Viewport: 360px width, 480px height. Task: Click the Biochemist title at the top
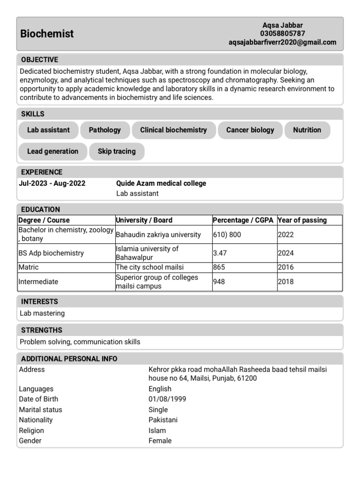pyautogui.click(x=47, y=34)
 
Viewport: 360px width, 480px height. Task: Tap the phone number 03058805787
pyautogui.click(x=283, y=34)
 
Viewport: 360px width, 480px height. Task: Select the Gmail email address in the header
pyautogui.click(x=282, y=42)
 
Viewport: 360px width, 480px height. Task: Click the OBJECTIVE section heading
pyautogui.click(x=39, y=60)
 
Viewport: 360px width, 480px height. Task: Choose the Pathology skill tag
pyautogui.click(x=105, y=130)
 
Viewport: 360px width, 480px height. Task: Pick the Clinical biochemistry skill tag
pyautogui.click(x=173, y=130)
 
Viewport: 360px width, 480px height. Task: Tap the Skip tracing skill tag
pyautogui.click(x=117, y=151)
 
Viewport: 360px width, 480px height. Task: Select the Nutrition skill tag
pyautogui.click(x=307, y=130)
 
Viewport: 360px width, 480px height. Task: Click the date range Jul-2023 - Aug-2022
pyautogui.click(x=52, y=183)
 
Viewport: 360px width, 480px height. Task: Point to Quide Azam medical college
pyautogui.click(x=161, y=183)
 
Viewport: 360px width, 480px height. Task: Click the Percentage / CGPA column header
pyautogui.click(x=243, y=220)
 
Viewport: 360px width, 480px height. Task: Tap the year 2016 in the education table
pyautogui.click(x=285, y=267)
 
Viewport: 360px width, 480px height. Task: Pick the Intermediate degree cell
pyautogui.click(x=38, y=282)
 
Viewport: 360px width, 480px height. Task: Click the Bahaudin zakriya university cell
pyautogui.click(x=158, y=234)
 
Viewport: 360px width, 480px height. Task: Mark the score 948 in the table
pyautogui.click(x=219, y=282)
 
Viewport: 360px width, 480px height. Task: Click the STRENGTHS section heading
pyautogui.click(x=42, y=330)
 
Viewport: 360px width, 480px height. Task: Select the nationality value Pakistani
pyautogui.click(x=163, y=420)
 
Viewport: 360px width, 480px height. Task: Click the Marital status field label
pyautogui.click(x=40, y=410)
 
